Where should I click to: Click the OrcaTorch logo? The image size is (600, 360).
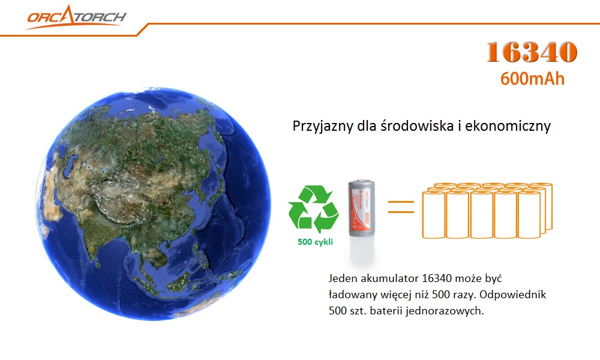click(x=76, y=17)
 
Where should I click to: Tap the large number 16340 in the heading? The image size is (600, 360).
click(x=532, y=52)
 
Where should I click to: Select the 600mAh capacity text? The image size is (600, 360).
click(x=532, y=79)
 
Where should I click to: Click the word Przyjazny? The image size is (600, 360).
click(x=323, y=126)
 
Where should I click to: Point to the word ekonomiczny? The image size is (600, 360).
click(x=508, y=125)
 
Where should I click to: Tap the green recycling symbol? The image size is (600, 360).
click(x=313, y=209)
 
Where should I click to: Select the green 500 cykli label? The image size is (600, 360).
click(x=316, y=242)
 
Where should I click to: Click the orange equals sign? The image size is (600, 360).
click(x=401, y=206)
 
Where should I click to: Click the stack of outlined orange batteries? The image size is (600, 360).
click(x=487, y=211)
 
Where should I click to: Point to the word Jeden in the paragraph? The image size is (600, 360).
click(x=343, y=278)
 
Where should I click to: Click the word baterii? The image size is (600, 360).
click(x=386, y=311)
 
